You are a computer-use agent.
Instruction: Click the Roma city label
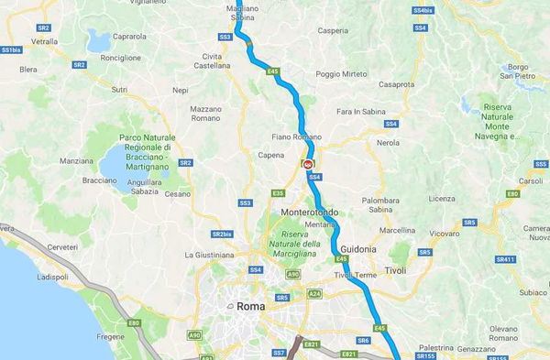point(250,306)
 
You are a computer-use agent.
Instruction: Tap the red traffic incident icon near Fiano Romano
point(308,164)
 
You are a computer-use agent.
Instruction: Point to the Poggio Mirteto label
point(341,74)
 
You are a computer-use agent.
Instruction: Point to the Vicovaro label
point(444,234)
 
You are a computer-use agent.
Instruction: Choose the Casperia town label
point(333,30)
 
